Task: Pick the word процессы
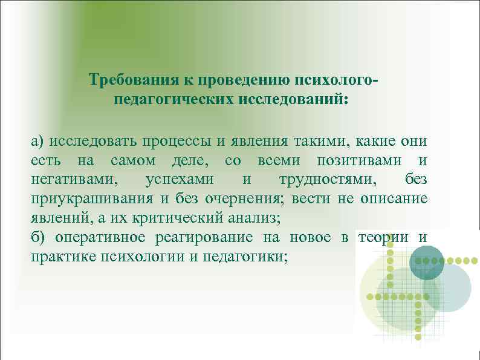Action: (177, 142)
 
